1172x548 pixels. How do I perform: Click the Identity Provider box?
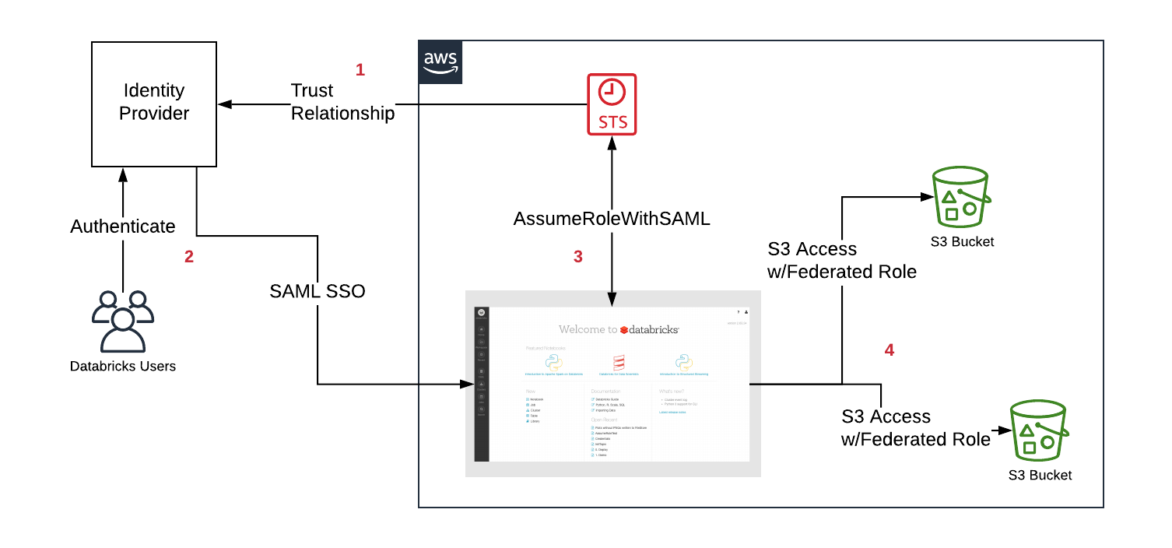153,103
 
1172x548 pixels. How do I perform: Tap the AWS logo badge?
440,62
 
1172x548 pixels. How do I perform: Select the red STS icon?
611,104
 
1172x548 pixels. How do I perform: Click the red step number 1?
360,70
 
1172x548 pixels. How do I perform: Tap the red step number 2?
189,257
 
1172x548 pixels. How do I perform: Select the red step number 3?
577,257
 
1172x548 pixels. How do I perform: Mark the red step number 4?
890,350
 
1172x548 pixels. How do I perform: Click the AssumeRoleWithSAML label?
612,219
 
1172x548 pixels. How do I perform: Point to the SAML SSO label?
318,291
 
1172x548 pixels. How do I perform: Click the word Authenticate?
122,227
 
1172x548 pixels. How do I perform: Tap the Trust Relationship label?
342,102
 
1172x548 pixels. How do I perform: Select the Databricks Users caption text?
123,366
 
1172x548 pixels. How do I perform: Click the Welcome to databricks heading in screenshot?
619,329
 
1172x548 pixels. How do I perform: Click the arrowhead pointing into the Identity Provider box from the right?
223,104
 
